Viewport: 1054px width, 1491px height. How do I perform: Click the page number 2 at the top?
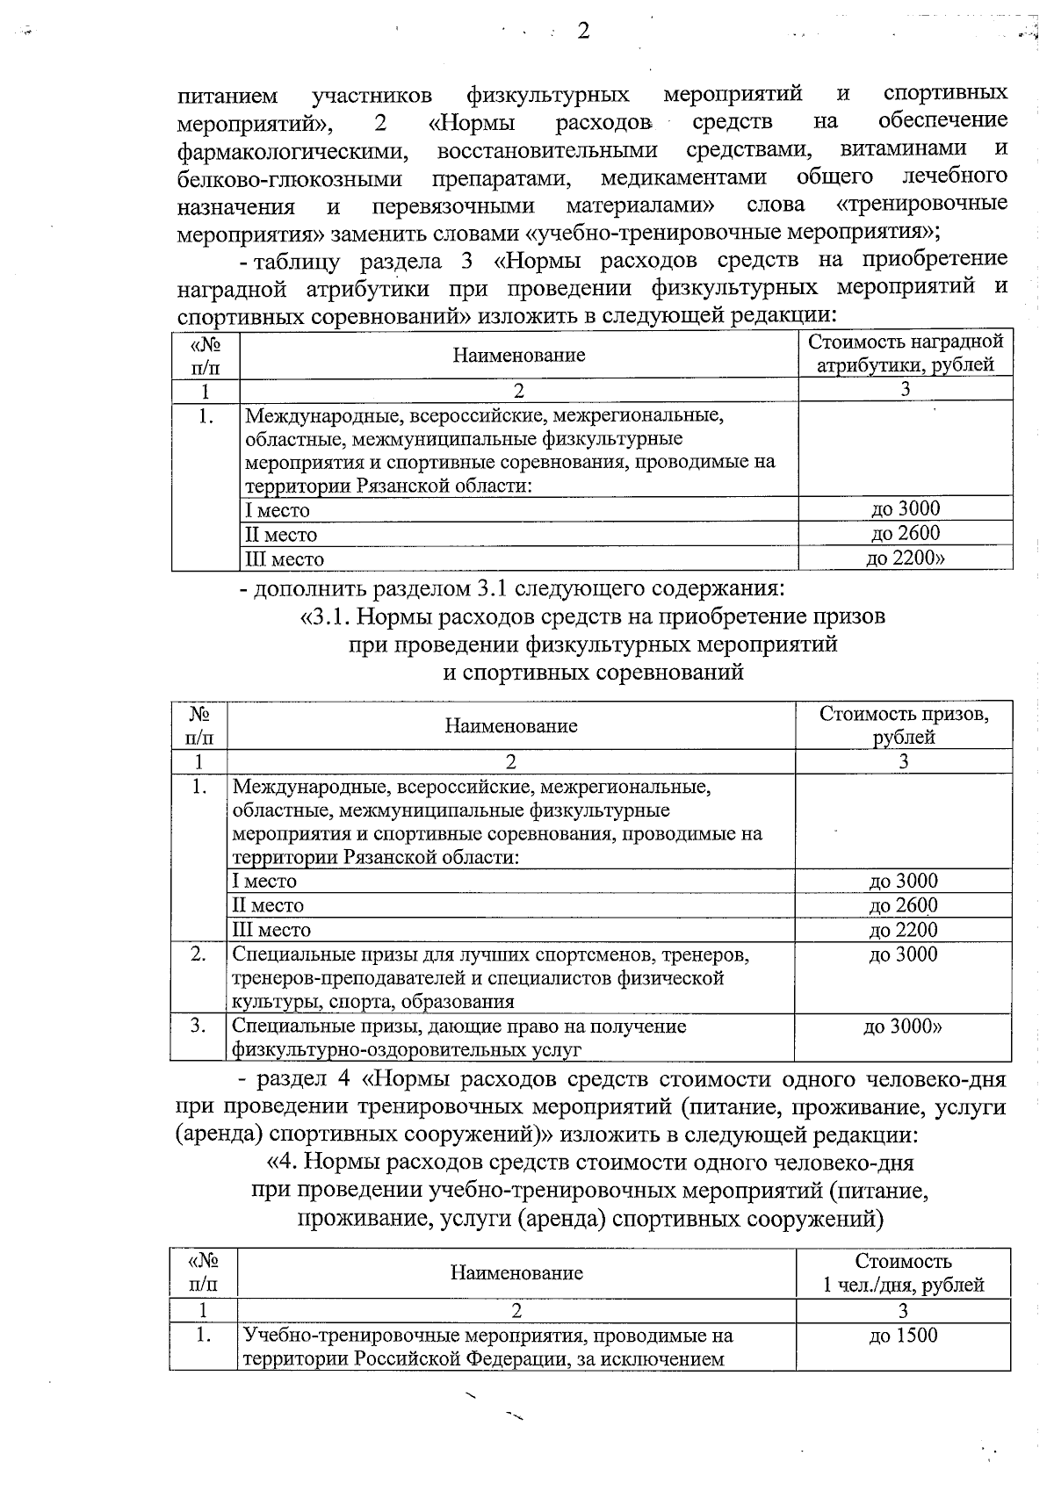pos(583,32)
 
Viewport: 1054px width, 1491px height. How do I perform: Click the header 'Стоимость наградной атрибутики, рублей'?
pos(905,353)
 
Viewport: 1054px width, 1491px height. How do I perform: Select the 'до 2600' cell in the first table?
pos(905,533)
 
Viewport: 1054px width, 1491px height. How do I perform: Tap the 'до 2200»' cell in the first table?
pos(905,558)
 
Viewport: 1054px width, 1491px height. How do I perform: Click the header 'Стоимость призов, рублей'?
pos(903,724)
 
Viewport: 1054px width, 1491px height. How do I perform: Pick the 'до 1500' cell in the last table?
pos(903,1336)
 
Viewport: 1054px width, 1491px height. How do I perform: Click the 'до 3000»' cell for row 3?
pos(903,1026)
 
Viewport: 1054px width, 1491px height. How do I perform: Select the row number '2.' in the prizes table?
pos(199,954)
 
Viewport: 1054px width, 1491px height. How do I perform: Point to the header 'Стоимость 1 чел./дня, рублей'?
pos(903,1273)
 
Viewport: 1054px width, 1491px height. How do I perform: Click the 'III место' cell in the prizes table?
pos(271,930)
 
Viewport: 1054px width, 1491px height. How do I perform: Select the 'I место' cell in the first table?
pos(278,510)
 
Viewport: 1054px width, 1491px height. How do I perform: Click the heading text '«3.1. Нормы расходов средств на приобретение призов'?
pos(593,616)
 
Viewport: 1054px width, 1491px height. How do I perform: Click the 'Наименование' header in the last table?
pos(516,1272)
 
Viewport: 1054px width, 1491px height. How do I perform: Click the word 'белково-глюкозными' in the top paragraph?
pos(290,179)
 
